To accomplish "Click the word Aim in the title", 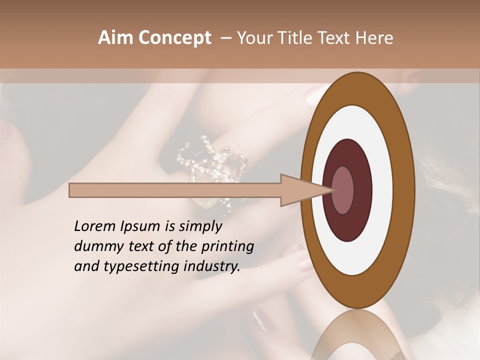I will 115,38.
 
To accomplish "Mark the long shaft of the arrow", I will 175,190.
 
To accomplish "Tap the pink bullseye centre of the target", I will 342,190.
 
